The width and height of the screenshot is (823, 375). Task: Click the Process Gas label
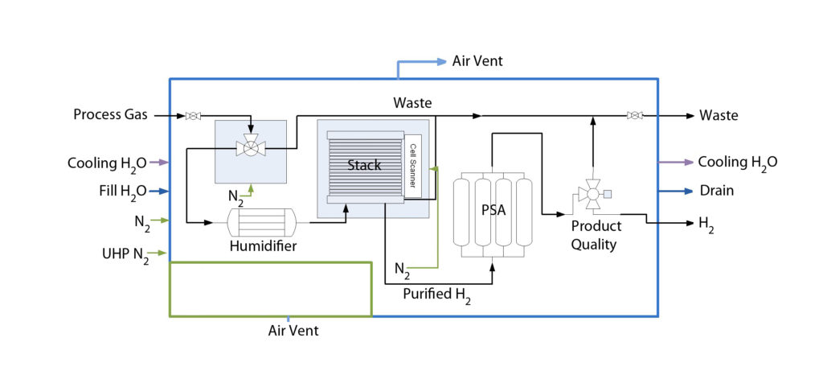click(110, 115)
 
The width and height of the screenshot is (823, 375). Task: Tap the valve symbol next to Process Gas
click(193, 116)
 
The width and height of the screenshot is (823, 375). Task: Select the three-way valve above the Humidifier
click(250, 147)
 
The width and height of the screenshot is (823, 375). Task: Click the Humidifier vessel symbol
click(262, 221)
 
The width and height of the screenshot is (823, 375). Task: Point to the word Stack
click(363, 165)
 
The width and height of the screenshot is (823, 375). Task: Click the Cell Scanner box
click(412, 166)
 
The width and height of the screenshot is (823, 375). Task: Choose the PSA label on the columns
click(493, 211)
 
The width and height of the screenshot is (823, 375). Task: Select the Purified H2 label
click(436, 295)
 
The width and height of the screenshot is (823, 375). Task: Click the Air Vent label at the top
click(477, 61)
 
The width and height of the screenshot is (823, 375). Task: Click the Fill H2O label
click(120, 192)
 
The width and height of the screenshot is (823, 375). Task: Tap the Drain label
click(716, 191)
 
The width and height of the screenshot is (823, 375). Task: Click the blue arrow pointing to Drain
click(676, 191)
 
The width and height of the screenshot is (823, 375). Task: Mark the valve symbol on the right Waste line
click(635, 116)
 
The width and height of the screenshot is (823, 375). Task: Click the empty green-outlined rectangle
click(270, 290)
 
